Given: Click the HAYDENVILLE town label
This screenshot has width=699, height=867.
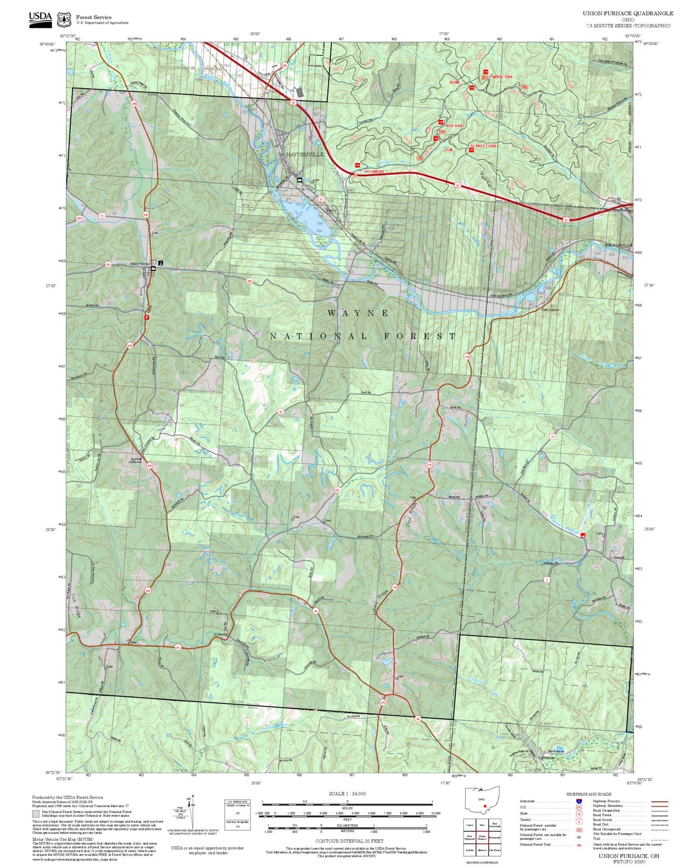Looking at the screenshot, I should pyautogui.click(x=305, y=154).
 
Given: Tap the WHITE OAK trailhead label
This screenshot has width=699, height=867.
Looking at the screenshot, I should pyautogui.click(x=502, y=77).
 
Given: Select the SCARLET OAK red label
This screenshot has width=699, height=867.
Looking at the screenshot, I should pyautogui.click(x=483, y=146).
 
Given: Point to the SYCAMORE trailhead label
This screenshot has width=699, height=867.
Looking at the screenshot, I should pyautogui.click(x=374, y=172).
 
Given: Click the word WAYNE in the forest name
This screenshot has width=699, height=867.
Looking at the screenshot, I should pyautogui.click(x=358, y=313).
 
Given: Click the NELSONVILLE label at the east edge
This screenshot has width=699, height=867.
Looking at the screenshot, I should pyautogui.click(x=620, y=246).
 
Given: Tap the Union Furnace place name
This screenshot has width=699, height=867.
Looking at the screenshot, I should pyautogui.click(x=140, y=264).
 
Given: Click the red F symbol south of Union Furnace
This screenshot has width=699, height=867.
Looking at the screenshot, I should pyautogui.click(x=147, y=318).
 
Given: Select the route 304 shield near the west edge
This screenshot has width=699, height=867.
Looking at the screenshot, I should pyautogui.click(x=79, y=219).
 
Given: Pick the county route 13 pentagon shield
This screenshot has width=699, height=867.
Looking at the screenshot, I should pyautogui.click(x=102, y=216).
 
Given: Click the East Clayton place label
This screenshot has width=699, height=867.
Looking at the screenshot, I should pyautogui.click(x=550, y=310).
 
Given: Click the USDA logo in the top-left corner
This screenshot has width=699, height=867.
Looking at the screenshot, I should pyautogui.click(x=40, y=17).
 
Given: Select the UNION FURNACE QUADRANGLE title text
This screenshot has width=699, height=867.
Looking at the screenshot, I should pyautogui.click(x=627, y=14).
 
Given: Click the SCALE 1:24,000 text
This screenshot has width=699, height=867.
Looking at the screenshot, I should pyautogui.click(x=347, y=794).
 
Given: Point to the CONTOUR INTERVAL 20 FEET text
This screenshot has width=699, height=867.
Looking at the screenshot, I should pyautogui.click(x=349, y=841).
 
